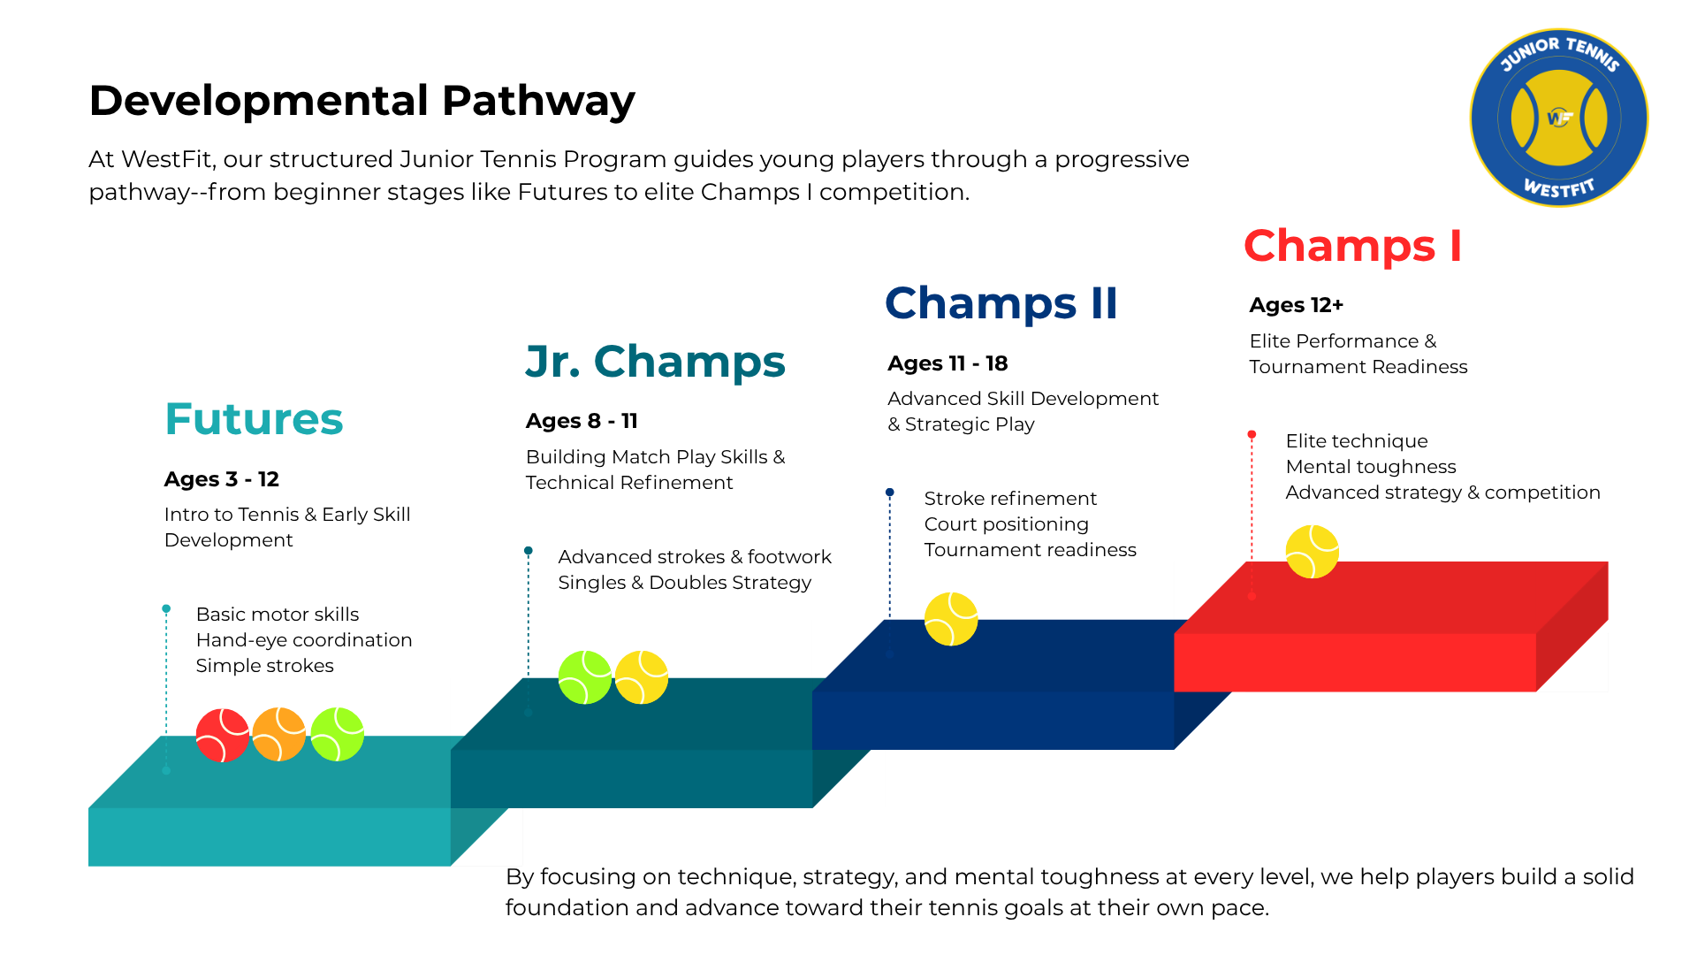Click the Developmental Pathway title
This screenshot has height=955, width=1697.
(362, 101)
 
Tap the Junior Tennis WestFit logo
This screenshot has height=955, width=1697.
(1559, 118)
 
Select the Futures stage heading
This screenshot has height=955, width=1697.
(254, 419)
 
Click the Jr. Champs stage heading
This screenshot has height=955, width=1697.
(655, 362)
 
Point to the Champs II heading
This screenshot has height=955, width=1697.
(1001, 303)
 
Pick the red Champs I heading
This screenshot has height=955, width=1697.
(1352, 246)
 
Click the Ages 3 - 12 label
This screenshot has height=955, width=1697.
(222, 479)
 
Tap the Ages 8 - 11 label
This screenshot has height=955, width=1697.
(582, 421)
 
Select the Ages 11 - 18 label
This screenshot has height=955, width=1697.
(947, 363)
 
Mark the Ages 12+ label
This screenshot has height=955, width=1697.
(1297, 305)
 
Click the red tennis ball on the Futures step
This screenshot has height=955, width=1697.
(223, 735)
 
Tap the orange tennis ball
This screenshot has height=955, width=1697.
(279, 734)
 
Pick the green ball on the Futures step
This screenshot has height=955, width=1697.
(338, 734)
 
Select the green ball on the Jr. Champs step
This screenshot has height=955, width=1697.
(585, 677)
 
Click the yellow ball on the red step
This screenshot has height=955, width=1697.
(1313, 552)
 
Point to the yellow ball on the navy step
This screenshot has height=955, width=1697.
(951, 619)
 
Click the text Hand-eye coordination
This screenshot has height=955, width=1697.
(304, 640)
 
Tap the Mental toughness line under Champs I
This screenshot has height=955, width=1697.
(1371, 467)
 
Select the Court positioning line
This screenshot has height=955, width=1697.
(1007, 524)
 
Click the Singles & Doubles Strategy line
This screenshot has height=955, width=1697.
(685, 583)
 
